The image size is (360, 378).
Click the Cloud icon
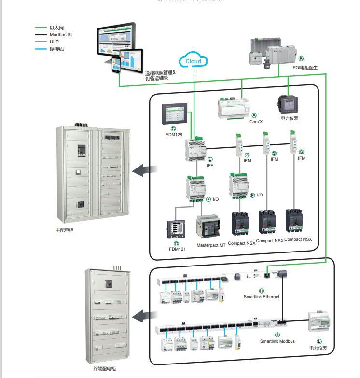(193, 61)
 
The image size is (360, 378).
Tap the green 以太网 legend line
(41, 28)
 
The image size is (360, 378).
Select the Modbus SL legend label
(61, 35)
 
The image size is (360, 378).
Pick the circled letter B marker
(302, 58)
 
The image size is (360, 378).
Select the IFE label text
(210, 165)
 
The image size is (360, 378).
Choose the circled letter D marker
(177, 244)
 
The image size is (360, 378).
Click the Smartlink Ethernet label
(262, 297)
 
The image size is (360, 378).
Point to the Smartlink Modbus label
(277, 341)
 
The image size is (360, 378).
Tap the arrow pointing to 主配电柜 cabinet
(144, 169)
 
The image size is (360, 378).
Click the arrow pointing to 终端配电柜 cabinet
(144, 316)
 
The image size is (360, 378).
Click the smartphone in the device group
(116, 65)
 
